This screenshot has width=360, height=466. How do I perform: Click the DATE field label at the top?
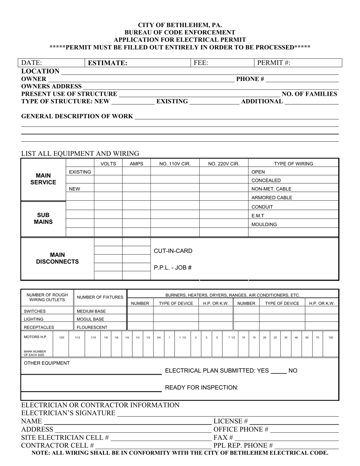pos(31,63)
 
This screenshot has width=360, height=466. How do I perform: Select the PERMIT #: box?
pos(297,63)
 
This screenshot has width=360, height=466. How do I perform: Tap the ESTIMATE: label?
pos(108,63)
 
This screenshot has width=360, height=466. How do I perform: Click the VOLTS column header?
pos(108,164)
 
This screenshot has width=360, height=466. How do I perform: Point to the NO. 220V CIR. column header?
pos(224,164)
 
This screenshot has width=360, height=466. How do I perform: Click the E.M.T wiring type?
pos(258,216)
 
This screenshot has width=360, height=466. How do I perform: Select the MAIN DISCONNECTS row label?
pos(57,258)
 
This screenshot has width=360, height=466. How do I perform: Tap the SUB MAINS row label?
pos(43,218)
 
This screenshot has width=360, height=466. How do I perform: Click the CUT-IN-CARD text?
pos(173,251)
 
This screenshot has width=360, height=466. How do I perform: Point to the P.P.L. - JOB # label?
pos(172,267)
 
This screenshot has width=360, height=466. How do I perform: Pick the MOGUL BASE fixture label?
pos(90,319)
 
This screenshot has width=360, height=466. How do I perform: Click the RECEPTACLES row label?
pos(39,327)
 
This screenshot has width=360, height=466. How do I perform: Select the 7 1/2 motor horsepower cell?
pos(231,337)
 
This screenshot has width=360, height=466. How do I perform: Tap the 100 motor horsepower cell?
pos(330,337)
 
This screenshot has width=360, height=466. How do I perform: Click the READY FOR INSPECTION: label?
pos(202,387)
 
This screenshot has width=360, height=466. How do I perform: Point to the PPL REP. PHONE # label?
pos(243,445)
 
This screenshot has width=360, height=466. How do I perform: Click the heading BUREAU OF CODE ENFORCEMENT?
pos(180,33)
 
